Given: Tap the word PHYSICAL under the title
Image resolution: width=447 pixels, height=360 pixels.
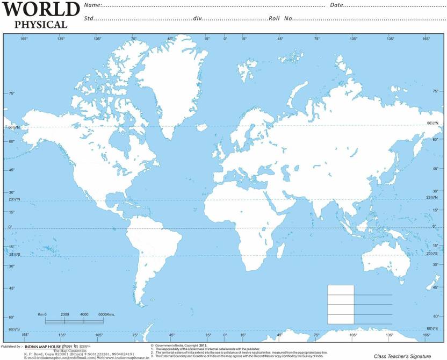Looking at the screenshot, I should (41, 24).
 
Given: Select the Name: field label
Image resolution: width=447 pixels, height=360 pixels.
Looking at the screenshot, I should (93, 5).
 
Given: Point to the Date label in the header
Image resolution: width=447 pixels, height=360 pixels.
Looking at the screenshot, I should (336, 5).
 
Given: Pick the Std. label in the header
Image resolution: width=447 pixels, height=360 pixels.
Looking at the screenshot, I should (89, 18).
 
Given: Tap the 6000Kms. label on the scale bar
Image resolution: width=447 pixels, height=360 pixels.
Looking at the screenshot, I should (107, 314).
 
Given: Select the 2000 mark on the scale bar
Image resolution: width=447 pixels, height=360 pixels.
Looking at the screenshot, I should (65, 314).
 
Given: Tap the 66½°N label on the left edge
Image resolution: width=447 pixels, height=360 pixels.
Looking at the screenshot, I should (13, 127).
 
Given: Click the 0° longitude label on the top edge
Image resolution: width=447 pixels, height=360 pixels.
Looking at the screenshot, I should (225, 39).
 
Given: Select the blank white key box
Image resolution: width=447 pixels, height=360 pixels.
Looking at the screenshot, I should (341, 304).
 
